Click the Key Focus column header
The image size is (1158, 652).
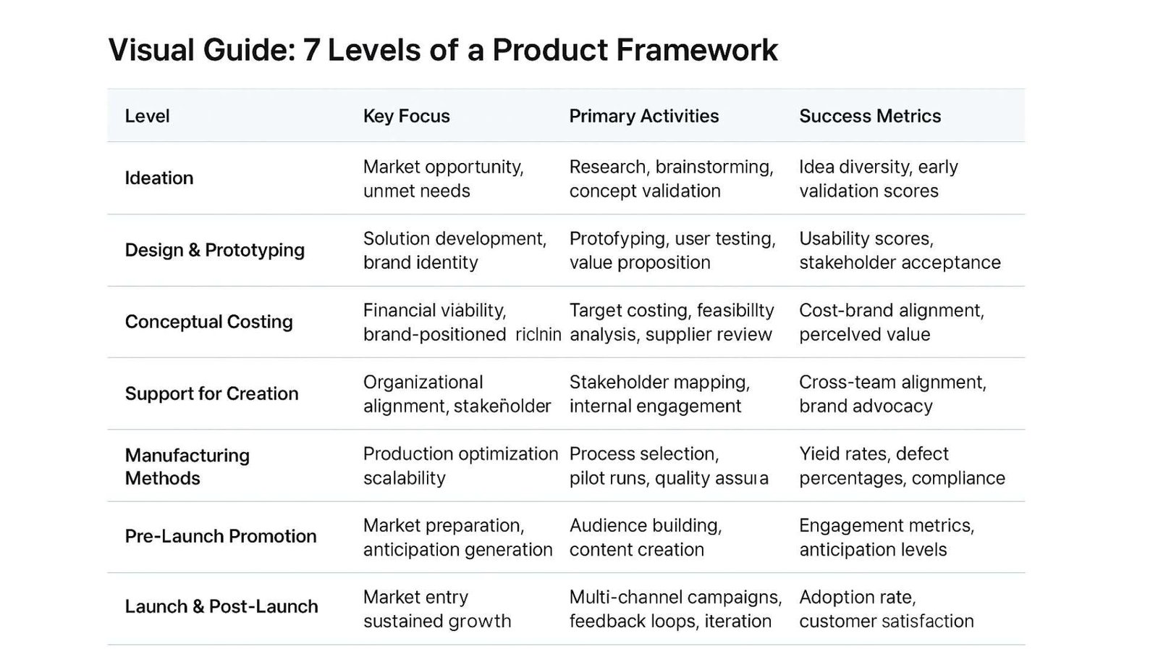coord(406,116)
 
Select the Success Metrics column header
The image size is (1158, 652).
coord(869,116)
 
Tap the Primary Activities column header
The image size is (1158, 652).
coord(643,116)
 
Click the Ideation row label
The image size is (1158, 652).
coord(159,178)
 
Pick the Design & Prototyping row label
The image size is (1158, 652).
coord(214,250)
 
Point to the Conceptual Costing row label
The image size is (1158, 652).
coord(208,322)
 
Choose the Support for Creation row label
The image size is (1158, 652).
coord(211,393)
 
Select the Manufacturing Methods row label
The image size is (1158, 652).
coord(187,467)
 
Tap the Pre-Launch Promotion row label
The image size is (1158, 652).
coord(220,536)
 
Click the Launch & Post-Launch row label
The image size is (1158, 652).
coord(221,606)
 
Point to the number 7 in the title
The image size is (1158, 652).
coord(310,50)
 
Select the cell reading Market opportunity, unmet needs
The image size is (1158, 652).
coord(443,179)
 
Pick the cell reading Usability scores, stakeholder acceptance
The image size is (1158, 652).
coord(899,251)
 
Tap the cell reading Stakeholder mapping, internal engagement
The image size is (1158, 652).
coord(659,394)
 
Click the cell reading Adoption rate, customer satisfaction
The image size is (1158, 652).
coord(886,609)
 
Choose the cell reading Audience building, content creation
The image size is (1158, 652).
coord(645,538)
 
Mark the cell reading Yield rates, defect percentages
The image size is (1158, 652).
coord(901,466)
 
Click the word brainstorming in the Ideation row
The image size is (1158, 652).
coord(713,167)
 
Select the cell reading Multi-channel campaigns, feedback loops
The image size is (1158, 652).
coord(675,609)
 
